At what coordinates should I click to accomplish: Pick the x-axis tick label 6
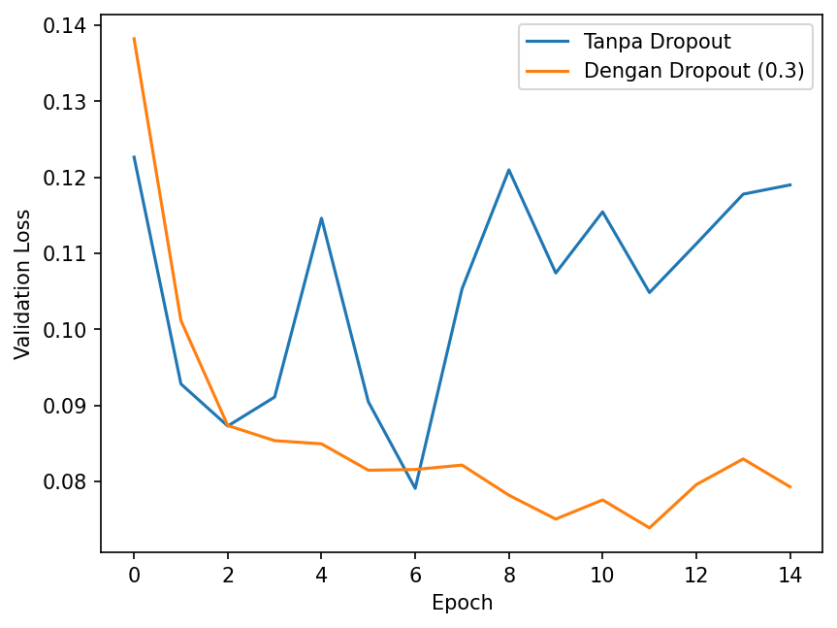415,576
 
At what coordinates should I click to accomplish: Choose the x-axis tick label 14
790,576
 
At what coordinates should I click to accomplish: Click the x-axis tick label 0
134,576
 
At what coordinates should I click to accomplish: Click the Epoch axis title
463,603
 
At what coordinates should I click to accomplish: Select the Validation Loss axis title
22,284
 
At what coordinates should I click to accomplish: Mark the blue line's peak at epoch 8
509,170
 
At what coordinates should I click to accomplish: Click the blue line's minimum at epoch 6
415,488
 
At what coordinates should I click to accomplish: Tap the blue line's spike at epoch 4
321,217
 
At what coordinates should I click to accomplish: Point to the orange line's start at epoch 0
134,38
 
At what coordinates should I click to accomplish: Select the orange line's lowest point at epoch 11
650,528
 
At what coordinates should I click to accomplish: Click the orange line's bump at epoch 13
743,459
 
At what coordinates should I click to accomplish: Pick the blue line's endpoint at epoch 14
790,184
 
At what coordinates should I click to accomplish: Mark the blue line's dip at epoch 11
650,292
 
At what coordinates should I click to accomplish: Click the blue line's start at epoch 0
134,156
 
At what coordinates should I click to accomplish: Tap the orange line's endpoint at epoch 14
790,487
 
